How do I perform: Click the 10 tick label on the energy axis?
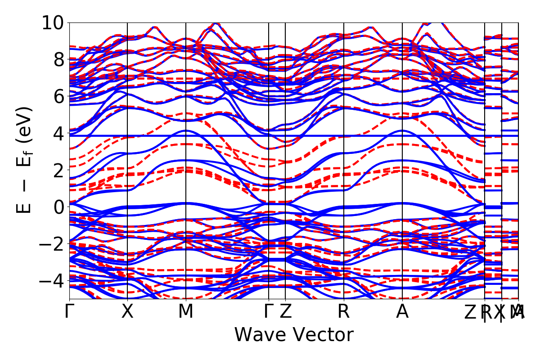[53, 22]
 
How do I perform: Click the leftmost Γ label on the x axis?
[69, 312]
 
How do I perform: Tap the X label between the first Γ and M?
[128, 312]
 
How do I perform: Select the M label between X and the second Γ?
[186, 312]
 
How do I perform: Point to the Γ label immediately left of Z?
[269, 312]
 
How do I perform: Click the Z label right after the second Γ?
[285, 312]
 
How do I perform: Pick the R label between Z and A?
[344, 312]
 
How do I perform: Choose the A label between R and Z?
[402, 312]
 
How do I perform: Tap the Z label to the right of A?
[471, 312]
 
